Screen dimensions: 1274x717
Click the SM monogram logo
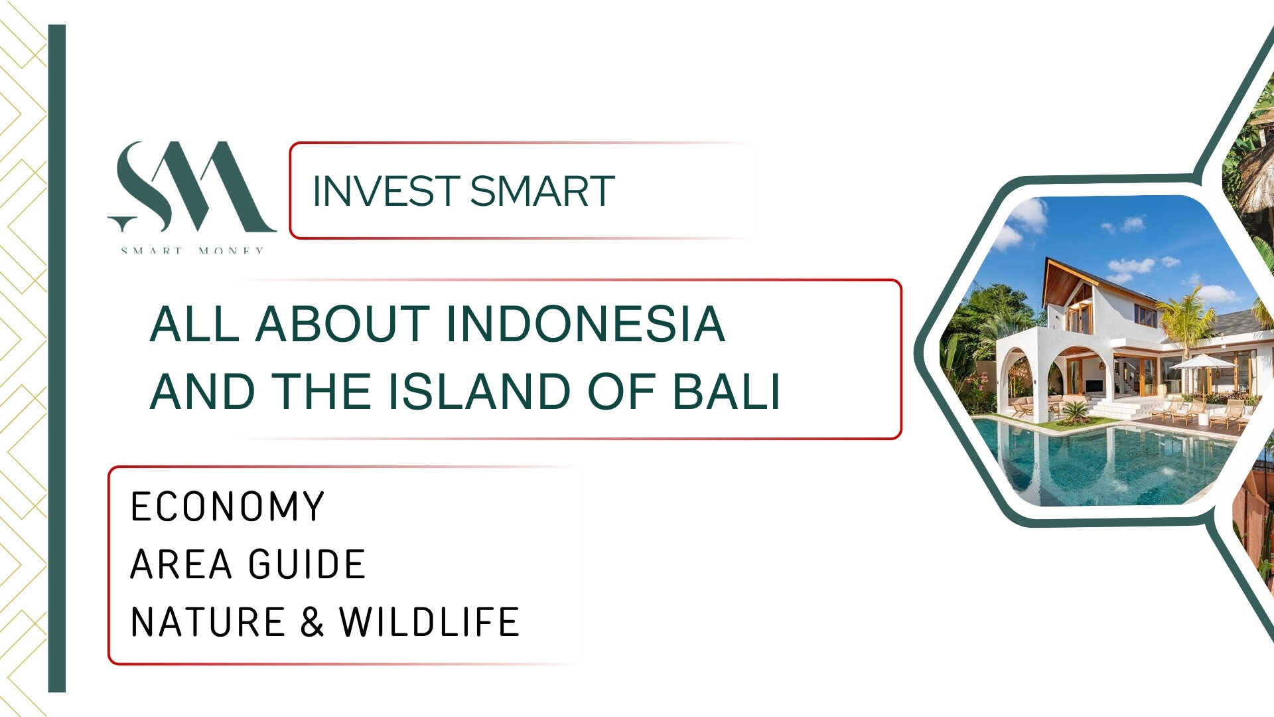pyautogui.click(x=192, y=187)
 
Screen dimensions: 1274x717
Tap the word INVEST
pyautogui.click(x=386, y=191)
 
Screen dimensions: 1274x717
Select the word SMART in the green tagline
pyautogui.click(x=542, y=191)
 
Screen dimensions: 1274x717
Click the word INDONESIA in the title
pyautogui.click(x=585, y=325)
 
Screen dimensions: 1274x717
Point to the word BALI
pyautogui.click(x=727, y=391)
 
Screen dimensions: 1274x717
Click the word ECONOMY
pyautogui.click(x=228, y=507)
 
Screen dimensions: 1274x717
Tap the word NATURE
pyautogui.click(x=208, y=622)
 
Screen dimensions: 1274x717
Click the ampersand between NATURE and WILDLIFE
pyautogui.click(x=312, y=622)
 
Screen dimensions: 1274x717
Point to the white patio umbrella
pyautogui.click(x=1202, y=363)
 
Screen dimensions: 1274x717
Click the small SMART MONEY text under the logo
pyautogui.click(x=192, y=250)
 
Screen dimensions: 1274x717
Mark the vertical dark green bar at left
pyautogui.click(x=57, y=358)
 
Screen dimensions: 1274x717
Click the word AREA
pyautogui.click(x=181, y=564)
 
